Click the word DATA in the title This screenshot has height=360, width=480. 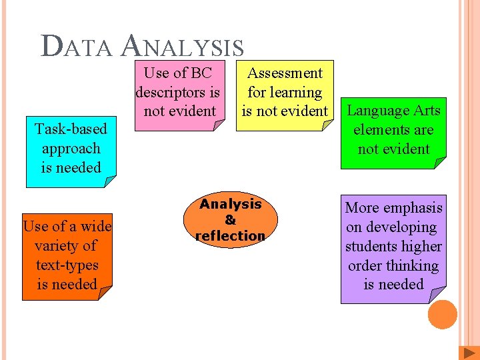(x=77, y=47)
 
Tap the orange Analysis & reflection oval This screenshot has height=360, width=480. (x=230, y=220)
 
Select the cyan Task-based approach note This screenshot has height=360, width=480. (x=71, y=149)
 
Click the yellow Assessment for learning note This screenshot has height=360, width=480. (x=285, y=93)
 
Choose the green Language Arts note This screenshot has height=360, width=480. (x=393, y=130)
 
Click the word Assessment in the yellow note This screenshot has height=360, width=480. (x=285, y=73)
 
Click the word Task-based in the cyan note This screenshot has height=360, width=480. (x=71, y=129)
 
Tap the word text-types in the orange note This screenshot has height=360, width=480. (x=67, y=265)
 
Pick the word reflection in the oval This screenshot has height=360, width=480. (x=230, y=235)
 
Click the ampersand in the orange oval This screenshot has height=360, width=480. (x=230, y=219)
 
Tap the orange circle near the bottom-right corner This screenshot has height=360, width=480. (x=443, y=315)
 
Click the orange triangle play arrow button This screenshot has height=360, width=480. (x=467, y=353)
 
